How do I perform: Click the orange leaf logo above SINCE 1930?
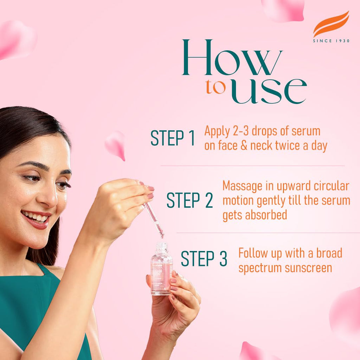point(331,24)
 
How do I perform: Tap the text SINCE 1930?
point(331,41)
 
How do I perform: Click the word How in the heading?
point(232,58)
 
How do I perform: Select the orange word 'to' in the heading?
point(216,88)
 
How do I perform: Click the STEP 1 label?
point(173,138)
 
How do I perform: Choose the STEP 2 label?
point(190,200)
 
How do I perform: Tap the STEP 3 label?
point(204,259)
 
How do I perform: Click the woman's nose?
point(49,197)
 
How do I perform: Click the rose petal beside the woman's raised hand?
point(116,144)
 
